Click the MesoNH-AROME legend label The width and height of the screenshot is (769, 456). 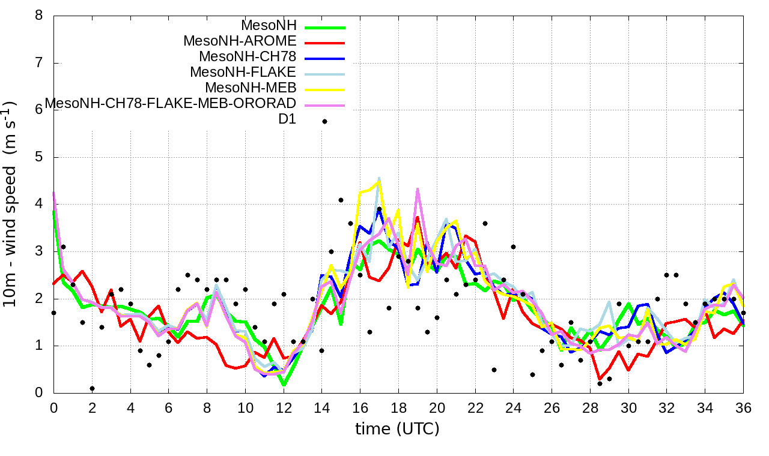(240, 41)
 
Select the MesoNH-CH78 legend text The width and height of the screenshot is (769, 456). (248, 57)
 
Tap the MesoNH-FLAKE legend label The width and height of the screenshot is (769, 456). (243, 73)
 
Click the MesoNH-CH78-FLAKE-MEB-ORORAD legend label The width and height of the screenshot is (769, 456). (171, 104)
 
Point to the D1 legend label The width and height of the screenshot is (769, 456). (287, 119)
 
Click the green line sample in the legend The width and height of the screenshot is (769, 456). (325, 28)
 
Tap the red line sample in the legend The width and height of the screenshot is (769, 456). (325, 43)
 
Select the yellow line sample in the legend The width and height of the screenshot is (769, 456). (325, 90)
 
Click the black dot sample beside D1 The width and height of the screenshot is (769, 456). (325, 121)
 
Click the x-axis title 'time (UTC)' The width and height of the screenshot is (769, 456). (398, 429)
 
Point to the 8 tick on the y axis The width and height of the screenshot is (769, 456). (39, 16)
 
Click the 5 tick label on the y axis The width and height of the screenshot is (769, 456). (39, 157)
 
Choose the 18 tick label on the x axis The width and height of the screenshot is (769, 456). (398, 407)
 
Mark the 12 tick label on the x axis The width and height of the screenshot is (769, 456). (284, 407)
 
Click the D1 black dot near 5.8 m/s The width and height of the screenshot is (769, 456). (325, 121)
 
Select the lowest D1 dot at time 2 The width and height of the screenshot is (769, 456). (92, 388)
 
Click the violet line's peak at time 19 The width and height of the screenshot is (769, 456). (418, 190)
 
